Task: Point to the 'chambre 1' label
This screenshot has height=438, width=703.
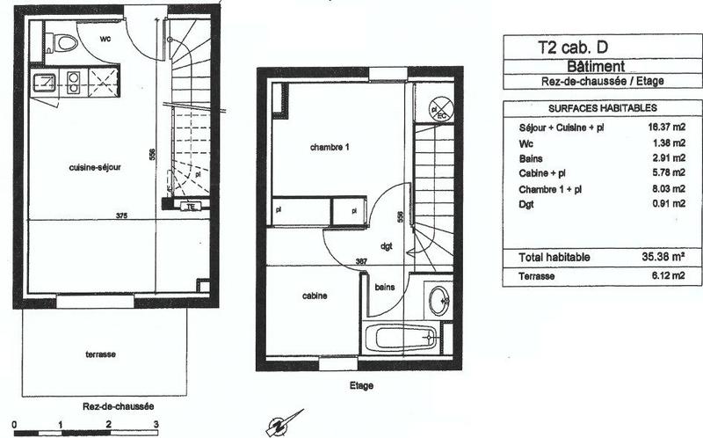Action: (x=330, y=147)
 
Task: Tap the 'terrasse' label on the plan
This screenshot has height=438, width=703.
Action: (x=102, y=354)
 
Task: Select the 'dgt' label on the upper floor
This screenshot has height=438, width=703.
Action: (x=386, y=246)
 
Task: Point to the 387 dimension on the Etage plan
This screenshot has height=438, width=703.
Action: (x=337, y=260)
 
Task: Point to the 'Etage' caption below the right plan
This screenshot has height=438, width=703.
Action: (x=361, y=386)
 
